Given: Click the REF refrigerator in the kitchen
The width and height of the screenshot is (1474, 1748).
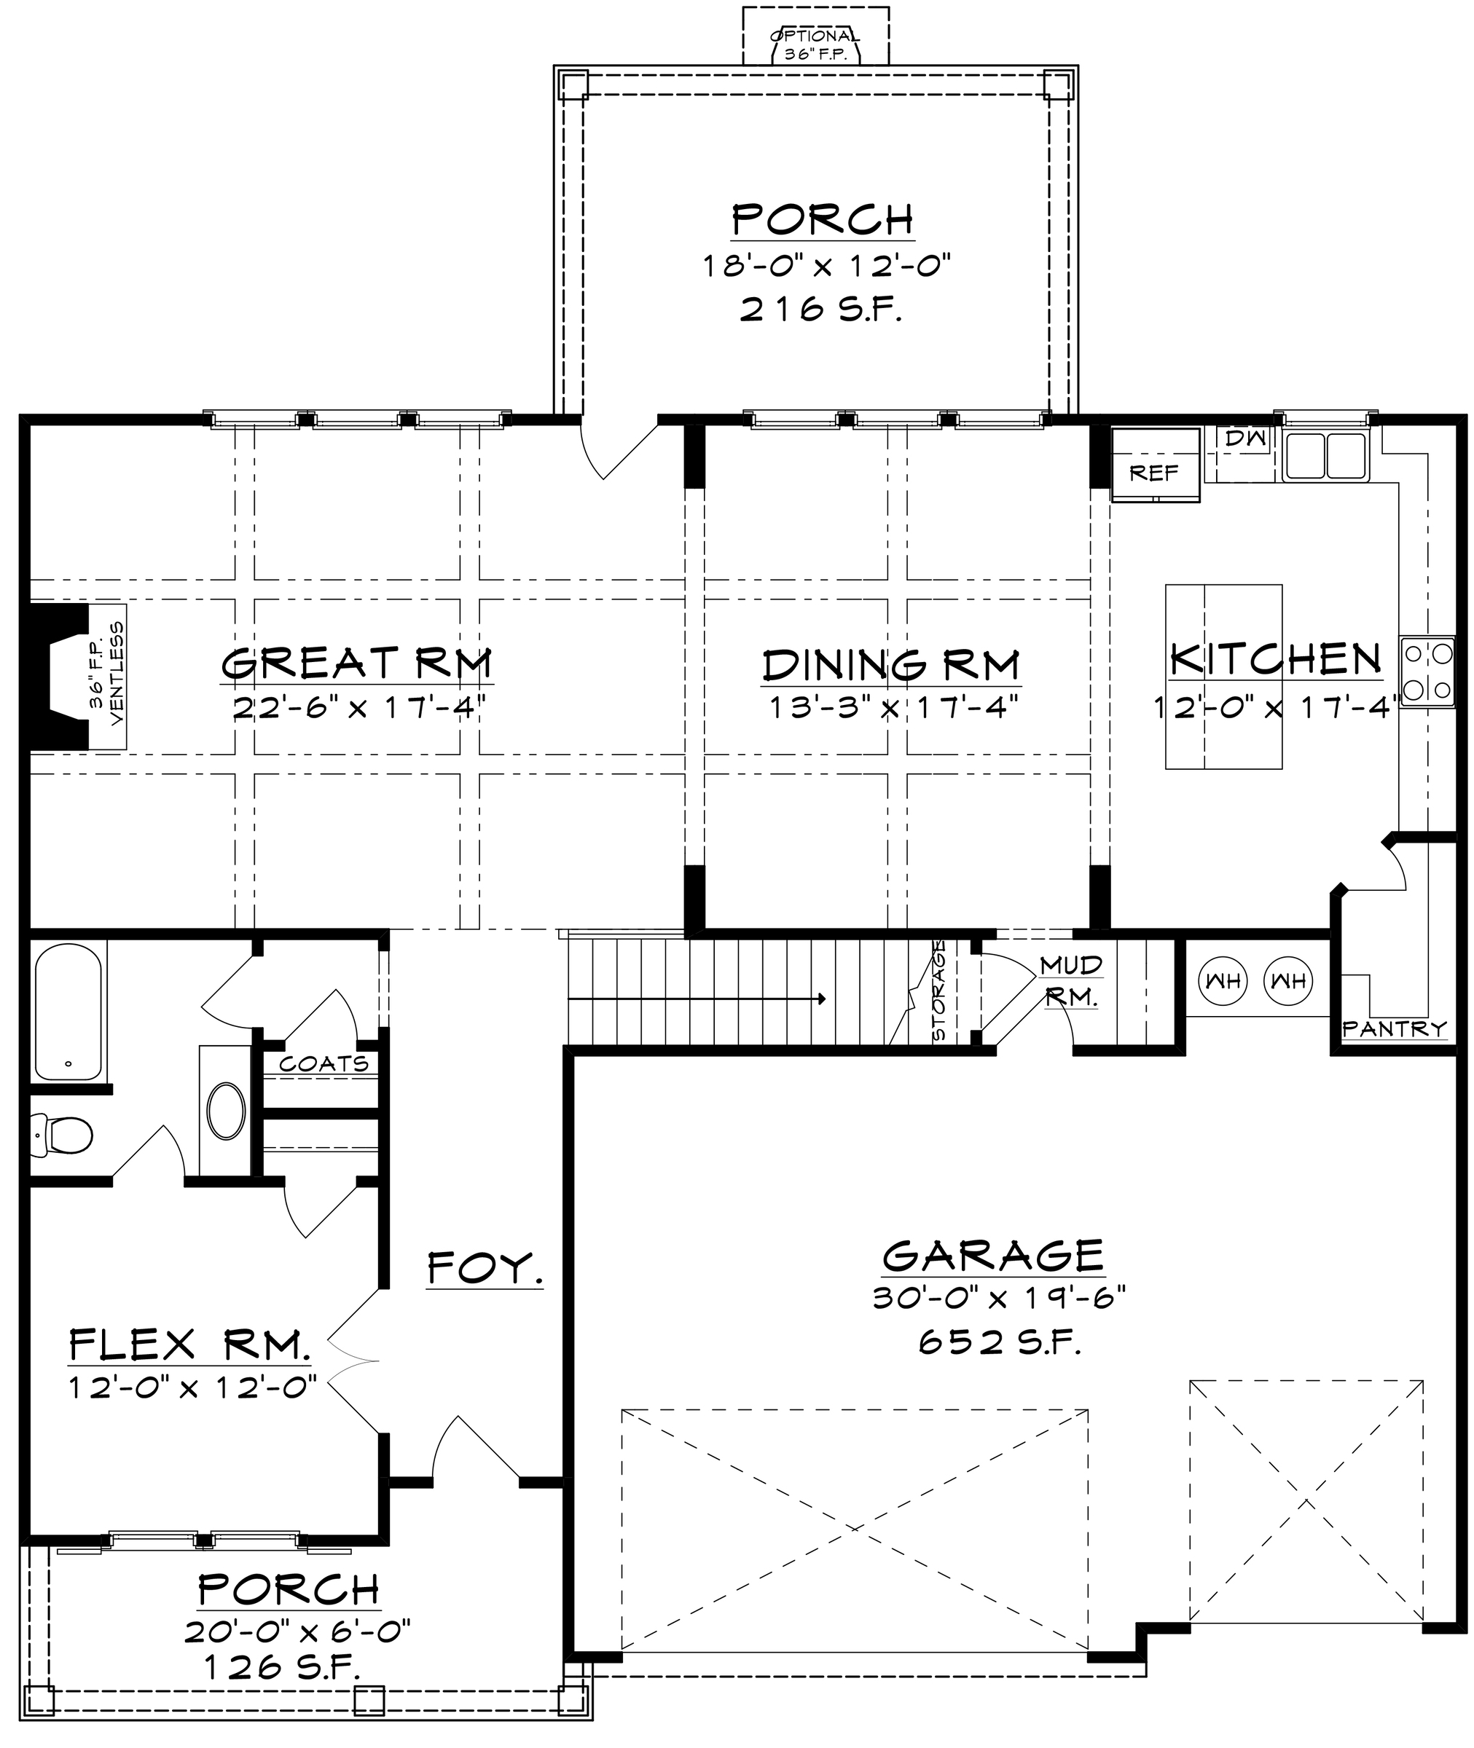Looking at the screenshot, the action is click(x=1155, y=465).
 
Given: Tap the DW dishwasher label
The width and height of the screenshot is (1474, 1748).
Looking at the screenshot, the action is click(x=1246, y=438).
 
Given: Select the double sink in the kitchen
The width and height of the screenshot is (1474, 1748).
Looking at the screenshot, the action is click(x=1325, y=455).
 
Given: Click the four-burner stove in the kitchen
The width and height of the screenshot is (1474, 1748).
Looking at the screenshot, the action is click(x=1427, y=672).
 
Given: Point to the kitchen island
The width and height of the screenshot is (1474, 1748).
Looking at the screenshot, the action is click(x=1223, y=677).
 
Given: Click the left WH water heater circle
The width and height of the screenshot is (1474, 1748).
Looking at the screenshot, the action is click(x=1223, y=981).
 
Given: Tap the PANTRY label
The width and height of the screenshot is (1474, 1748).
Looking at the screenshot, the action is click(x=1394, y=1029).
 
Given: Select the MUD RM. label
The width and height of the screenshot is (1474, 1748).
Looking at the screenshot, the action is click(x=1071, y=981).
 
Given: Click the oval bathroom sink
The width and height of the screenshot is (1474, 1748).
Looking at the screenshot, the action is click(x=227, y=1111).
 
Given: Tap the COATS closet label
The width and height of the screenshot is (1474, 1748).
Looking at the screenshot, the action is click(x=324, y=1063).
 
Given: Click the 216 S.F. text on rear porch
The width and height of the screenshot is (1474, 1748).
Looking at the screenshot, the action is click(x=821, y=311).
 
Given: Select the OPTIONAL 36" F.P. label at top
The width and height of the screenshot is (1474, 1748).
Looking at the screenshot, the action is click(x=815, y=46).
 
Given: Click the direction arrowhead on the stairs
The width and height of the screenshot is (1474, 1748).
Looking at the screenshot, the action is click(x=823, y=998).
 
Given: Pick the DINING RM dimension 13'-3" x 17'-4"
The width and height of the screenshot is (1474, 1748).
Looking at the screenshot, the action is click(x=893, y=708).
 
